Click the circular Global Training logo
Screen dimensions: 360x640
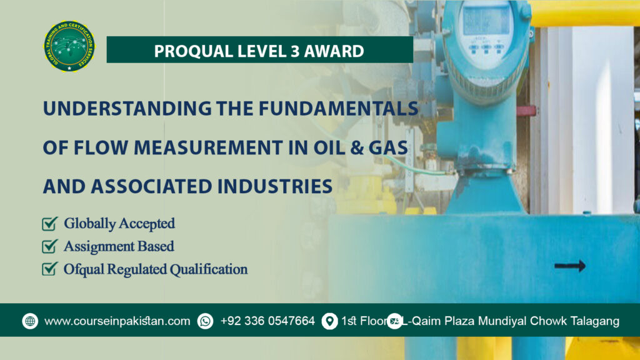(69, 47)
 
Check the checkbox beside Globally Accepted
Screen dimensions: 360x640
(49, 223)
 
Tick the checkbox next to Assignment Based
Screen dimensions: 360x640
(49, 246)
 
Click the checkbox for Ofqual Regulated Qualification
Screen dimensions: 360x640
(49, 269)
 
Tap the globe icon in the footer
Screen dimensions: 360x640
(30, 321)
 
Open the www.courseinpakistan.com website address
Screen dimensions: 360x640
(117, 321)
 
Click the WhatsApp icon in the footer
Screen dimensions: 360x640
(205, 321)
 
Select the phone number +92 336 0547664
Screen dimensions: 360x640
(267, 321)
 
